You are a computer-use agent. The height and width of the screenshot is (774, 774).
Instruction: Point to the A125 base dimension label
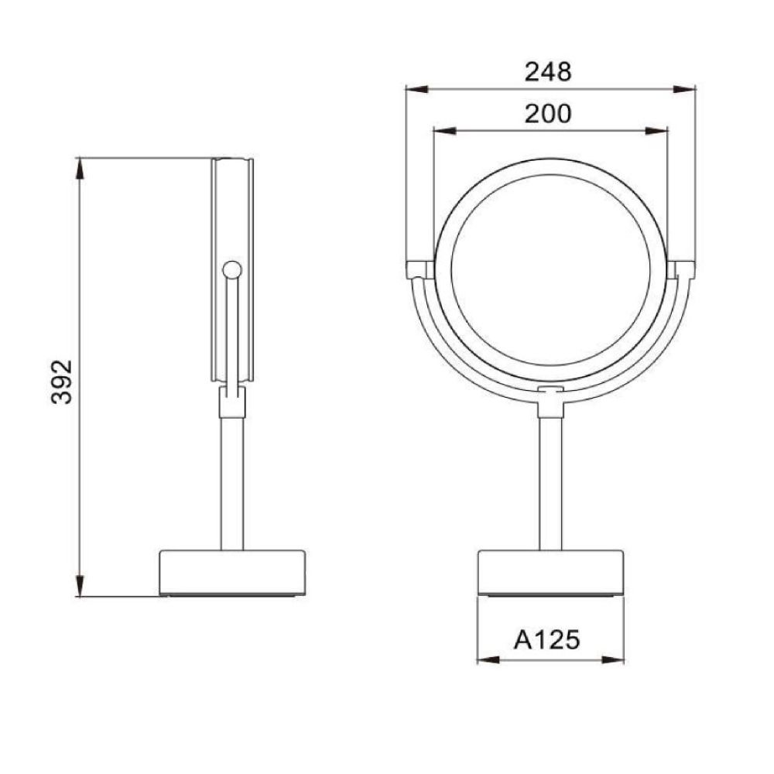pos(547,640)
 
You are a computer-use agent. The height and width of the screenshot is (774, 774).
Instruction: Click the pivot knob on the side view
pos(231,269)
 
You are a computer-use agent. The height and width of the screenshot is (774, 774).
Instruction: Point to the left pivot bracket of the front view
pos(419,269)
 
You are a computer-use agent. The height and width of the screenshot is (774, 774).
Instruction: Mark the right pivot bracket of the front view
pos(683,269)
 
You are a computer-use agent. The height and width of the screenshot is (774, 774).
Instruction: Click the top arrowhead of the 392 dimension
pos(80,166)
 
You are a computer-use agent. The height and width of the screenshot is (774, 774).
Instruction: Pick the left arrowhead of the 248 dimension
pos(414,89)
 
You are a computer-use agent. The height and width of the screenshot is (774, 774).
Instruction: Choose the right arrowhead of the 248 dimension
pos(687,89)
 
